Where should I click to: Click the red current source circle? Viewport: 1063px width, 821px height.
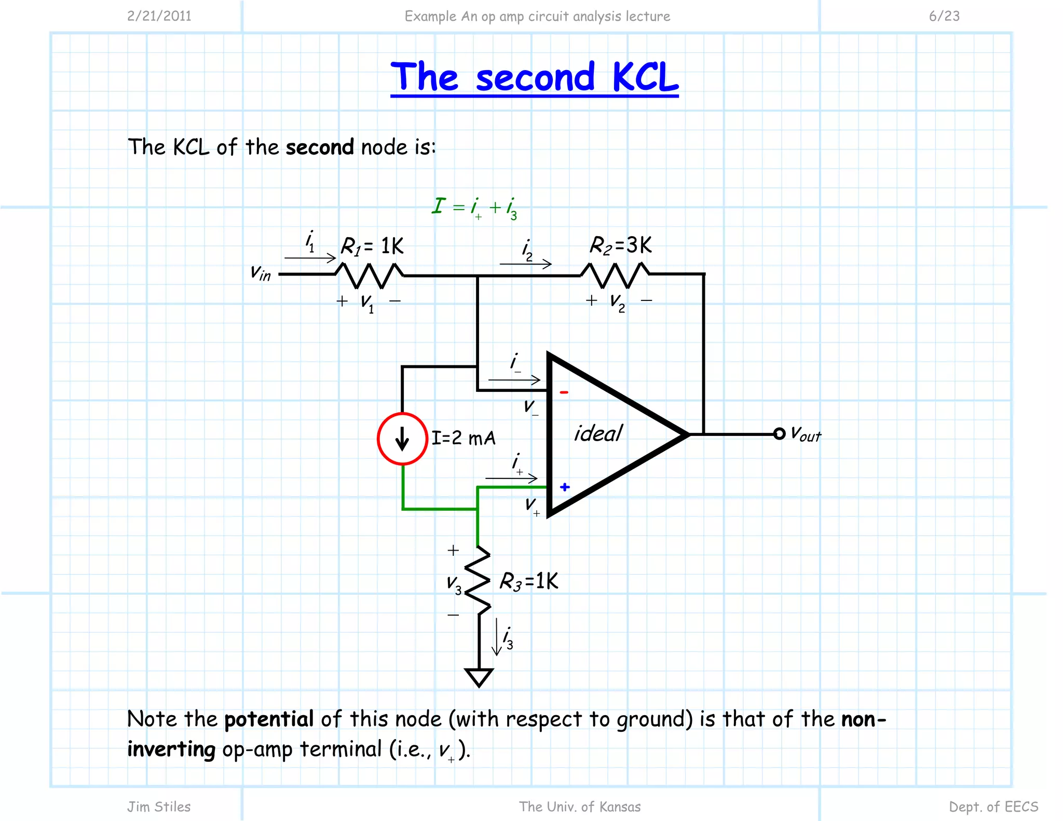click(402, 439)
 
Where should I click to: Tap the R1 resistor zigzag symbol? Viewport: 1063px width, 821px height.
click(369, 276)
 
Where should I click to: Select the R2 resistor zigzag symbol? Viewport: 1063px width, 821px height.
click(615, 275)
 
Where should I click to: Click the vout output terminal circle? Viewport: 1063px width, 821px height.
click(779, 434)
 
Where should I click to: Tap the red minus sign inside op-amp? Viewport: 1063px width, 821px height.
click(564, 392)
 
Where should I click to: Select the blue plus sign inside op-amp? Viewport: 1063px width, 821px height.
click(565, 487)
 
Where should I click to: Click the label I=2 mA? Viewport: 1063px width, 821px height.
click(464, 439)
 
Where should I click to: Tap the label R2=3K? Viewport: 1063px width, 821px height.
click(621, 245)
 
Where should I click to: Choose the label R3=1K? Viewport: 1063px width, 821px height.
click(529, 581)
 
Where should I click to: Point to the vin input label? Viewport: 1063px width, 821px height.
click(261, 272)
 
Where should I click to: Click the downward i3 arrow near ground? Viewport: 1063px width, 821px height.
click(497, 637)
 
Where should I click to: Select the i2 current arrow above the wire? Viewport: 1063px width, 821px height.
click(525, 264)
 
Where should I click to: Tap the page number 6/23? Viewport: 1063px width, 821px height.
click(944, 16)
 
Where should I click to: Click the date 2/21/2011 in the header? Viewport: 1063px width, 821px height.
click(159, 16)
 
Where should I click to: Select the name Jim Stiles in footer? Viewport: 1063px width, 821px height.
click(159, 806)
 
